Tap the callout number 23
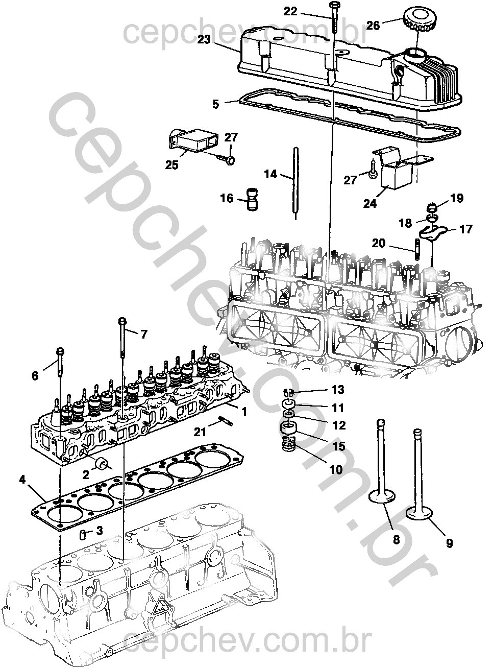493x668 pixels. point(204,40)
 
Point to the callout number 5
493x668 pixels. point(216,104)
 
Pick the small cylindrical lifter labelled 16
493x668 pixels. point(253,199)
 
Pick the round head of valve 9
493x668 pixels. point(417,512)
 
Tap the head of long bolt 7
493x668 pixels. point(122,321)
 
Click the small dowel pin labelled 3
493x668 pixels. point(81,535)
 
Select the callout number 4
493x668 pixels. point(22,480)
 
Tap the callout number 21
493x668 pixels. point(200,432)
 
